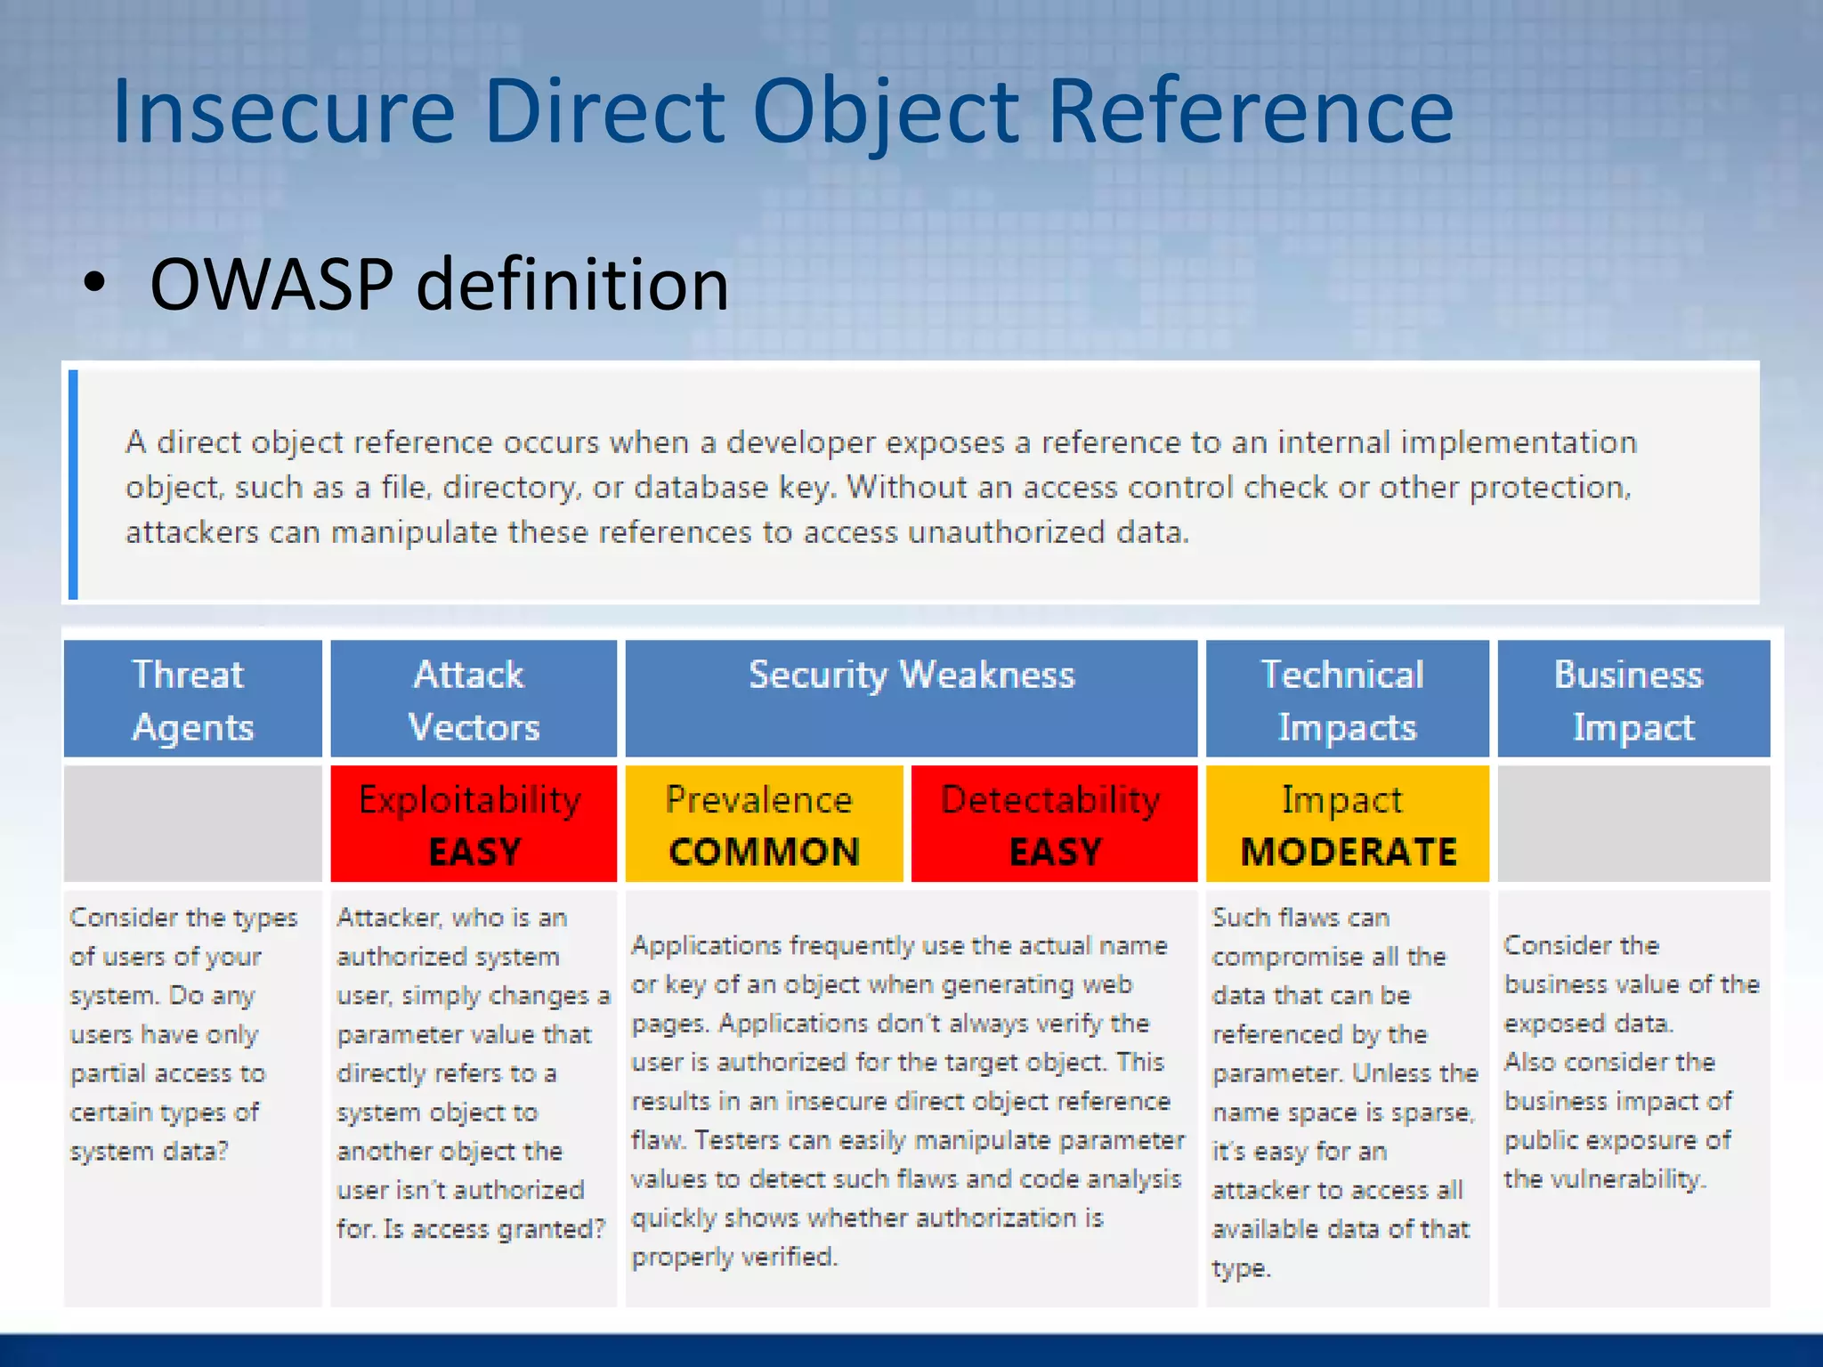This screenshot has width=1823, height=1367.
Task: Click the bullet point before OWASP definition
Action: click(x=94, y=284)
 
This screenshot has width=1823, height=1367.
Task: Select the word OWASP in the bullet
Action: click(x=271, y=285)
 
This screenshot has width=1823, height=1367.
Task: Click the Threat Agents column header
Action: click(x=192, y=700)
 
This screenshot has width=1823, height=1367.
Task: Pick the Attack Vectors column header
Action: click(x=473, y=700)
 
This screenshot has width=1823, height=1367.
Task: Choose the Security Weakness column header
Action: click(x=911, y=676)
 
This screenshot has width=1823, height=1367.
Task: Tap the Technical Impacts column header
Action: click(x=1346, y=700)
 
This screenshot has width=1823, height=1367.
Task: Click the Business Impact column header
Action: click(x=1633, y=700)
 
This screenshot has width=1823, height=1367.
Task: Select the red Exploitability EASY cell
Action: click(x=473, y=824)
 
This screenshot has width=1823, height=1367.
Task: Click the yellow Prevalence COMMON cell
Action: click(x=763, y=824)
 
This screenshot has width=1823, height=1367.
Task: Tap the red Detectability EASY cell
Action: click(x=1053, y=824)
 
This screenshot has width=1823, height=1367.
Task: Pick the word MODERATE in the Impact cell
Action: click(x=1348, y=852)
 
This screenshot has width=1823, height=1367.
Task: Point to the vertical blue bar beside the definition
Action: click(x=74, y=484)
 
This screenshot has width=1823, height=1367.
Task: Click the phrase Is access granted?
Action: click(x=495, y=1229)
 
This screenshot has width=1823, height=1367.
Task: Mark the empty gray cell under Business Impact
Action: click(x=1633, y=824)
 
